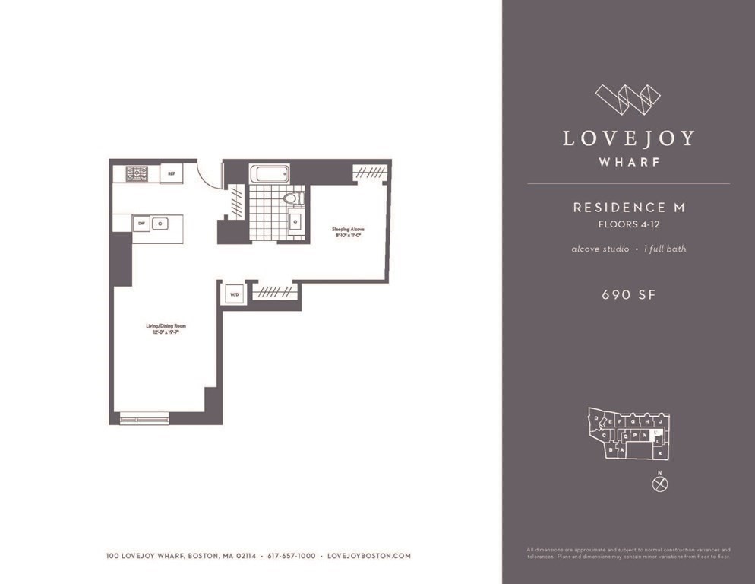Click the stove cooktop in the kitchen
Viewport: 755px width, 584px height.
(137, 173)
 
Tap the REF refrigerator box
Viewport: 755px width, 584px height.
(171, 173)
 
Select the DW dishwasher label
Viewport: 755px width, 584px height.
(141, 224)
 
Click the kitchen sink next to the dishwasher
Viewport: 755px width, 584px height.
(160, 224)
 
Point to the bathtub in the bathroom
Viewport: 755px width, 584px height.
(269, 173)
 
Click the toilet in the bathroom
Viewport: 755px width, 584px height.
(292, 198)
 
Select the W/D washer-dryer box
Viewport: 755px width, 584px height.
(233, 294)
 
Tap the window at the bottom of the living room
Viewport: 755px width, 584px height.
(144, 417)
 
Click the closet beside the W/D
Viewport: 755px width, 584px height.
(273, 291)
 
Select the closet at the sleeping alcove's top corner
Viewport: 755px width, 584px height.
(370, 173)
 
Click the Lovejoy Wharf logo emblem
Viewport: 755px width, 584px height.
(627, 99)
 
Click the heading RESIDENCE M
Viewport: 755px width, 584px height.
(629, 207)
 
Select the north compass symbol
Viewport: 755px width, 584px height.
(660, 484)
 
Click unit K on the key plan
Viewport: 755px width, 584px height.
(660, 453)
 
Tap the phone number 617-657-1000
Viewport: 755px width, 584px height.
(291, 556)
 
